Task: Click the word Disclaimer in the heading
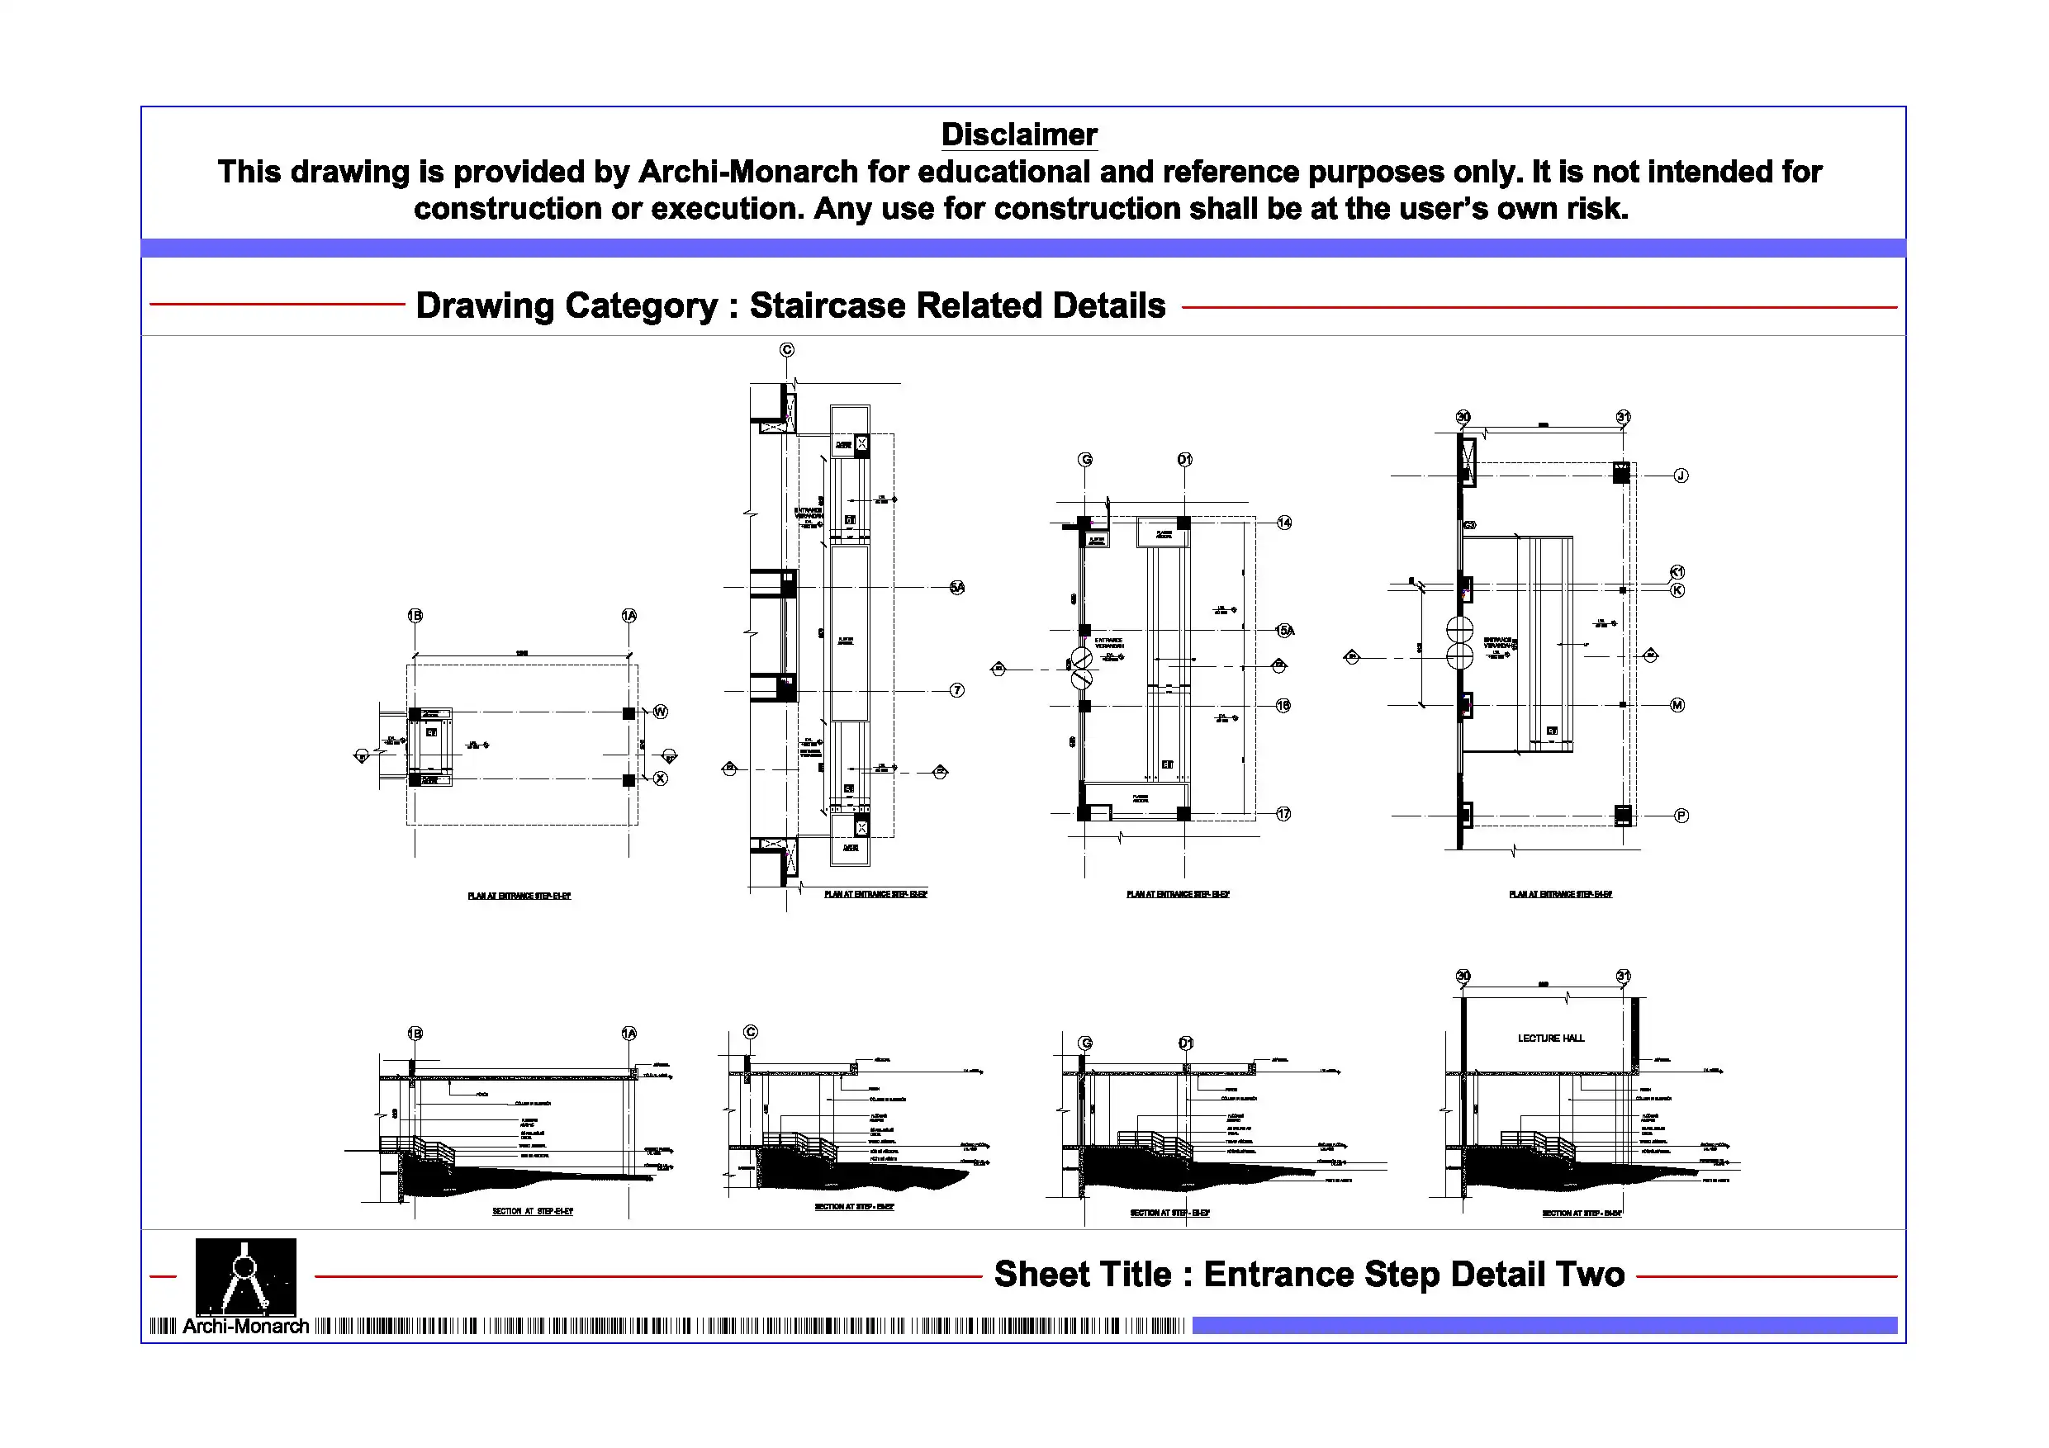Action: [1018, 135]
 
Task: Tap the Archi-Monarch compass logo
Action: [245, 1275]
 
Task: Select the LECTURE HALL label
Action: [1551, 1038]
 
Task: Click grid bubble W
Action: [661, 712]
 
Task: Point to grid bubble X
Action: [661, 778]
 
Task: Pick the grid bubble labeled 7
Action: [956, 690]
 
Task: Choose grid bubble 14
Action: [1284, 523]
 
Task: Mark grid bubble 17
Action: [1283, 814]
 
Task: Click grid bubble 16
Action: [1283, 706]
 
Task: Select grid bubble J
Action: [1681, 476]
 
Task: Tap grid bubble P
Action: [1681, 816]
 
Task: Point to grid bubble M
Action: [1677, 705]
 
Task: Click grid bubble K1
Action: [1677, 572]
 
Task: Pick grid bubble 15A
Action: [1285, 631]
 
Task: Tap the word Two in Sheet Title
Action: [1588, 1274]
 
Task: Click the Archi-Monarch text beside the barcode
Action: [245, 1327]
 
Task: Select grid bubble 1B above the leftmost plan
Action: [415, 616]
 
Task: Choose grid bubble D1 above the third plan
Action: [1184, 460]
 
